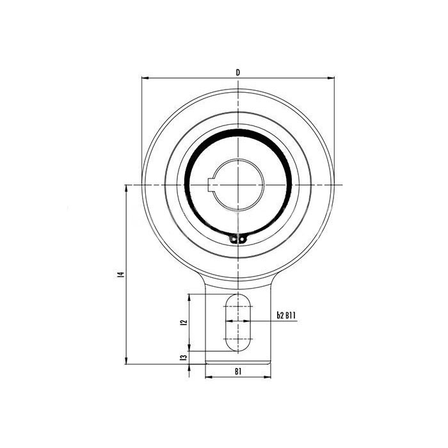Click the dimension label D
coord(238,72)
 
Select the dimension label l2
coord(184,322)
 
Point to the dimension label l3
coord(184,357)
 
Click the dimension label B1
coord(238,371)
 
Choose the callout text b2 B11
coord(286,316)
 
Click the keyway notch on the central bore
coord(211,185)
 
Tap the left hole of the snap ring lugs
coord(234,238)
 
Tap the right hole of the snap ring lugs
coord(242,238)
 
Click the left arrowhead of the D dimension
coord(145,77)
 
